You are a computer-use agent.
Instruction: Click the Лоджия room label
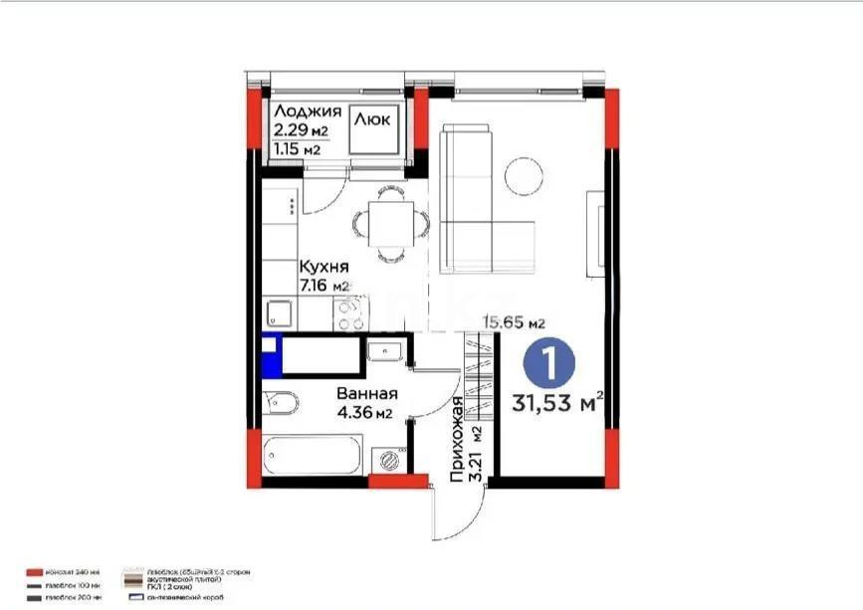(308, 111)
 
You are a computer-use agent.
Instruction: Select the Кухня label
(324, 267)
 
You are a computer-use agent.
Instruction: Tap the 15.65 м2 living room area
(513, 322)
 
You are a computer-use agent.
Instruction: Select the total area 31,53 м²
(559, 403)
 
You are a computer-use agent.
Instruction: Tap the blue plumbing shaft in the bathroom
(269, 357)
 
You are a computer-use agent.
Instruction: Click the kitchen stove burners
(349, 314)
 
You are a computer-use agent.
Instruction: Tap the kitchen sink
(280, 315)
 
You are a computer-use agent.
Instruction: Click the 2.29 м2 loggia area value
(300, 130)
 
